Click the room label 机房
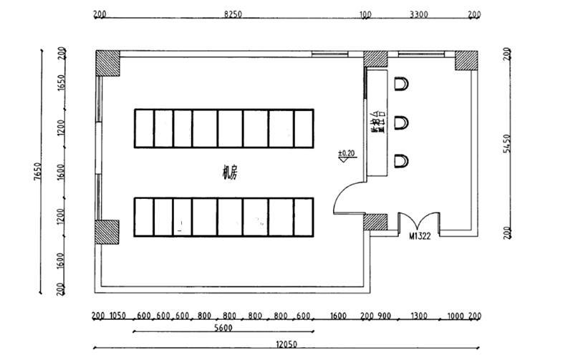[230, 172]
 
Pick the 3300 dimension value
[418, 14]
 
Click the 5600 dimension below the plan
[223, 329]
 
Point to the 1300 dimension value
[419, 316]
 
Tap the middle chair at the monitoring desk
[402, 122]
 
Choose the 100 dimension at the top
[366, 14]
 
